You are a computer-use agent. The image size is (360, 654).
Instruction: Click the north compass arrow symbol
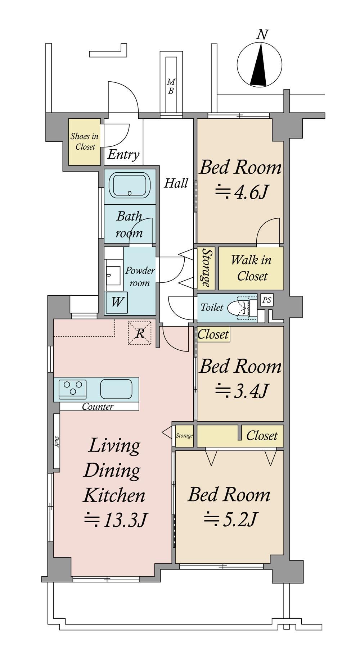click(x=259, y=64)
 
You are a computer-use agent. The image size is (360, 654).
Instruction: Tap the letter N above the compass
click(x=263, y=35)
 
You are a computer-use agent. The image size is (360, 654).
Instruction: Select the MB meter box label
click(x=171, y=87)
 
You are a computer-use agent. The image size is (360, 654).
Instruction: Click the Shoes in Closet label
click(x=85, y=141)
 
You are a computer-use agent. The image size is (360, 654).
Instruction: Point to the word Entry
click(x=123, y=155)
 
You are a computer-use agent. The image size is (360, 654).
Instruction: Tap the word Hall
click(x=176, y=183)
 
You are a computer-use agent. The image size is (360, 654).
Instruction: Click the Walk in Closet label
click(x=251, y=268)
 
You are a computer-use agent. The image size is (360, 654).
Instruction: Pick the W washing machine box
click(x=116, y=301)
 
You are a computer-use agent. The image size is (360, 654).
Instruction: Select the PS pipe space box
click(x=267, y=300)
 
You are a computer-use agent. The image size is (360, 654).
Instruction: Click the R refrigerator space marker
click(x=140, y=333)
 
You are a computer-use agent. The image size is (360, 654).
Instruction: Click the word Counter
click(x=98, y=407)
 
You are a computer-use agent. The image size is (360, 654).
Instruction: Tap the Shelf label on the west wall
click(x=57, y=441)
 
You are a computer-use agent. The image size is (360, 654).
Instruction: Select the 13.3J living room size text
click(x=116, y=520)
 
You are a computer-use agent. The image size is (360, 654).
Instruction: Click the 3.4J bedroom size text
click(x=241, y=391)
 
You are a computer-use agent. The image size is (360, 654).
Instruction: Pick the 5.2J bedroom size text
click(x=230, y=519)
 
